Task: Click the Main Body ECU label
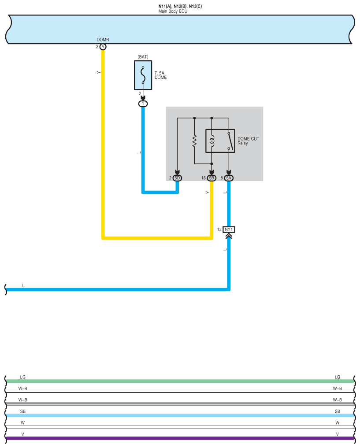pos(173,11)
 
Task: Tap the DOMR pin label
pos(103,40)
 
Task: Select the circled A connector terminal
pos(103,47)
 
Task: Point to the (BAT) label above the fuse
pos(143,57)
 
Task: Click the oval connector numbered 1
pos(143,104)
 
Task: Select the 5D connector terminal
pos(177,178)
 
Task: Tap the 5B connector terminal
pos(212,178)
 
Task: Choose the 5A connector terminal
pos(229,178)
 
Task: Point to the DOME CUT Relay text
pos(248,141)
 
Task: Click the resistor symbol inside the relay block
pos(194,141)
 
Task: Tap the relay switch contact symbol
pos(229,141)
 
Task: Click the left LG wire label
pos(23,377)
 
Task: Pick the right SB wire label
pos(338,411)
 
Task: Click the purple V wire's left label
pos(23,434)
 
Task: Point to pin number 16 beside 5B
pos(204,178)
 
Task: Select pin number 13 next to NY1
pos(219,230)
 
